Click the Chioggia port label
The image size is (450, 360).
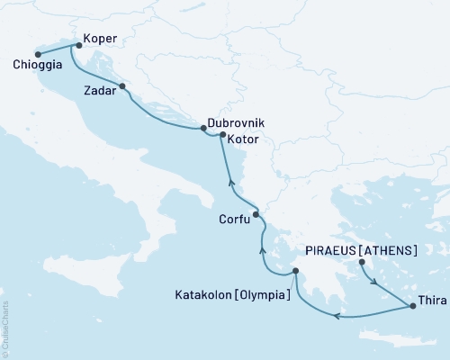(38, 65)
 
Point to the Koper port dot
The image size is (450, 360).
(78, 44)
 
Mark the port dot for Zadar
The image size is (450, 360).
(122, 87)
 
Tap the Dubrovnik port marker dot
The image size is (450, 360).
(202, 129)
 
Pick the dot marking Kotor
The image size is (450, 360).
(222, 135)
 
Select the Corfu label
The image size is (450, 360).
(234, 219)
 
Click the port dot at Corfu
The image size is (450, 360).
(256, 214)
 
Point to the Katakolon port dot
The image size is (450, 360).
(294, 271)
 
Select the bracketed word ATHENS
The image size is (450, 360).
(392, 249)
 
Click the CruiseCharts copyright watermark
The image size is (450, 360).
(5, 327)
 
